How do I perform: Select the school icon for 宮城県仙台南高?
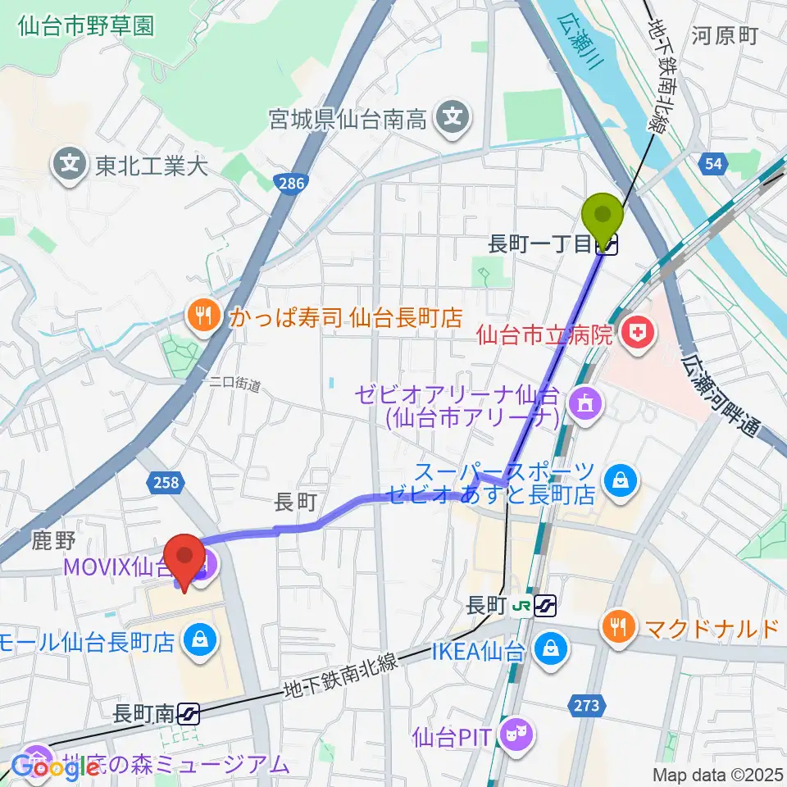[x=453, y=120]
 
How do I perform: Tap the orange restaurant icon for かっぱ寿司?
[x=201, y=316]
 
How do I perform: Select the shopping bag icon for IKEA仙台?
[x=545, y=651]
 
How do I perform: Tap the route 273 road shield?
[x=587, y=705]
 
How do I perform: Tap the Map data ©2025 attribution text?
[x=717, y=774]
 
